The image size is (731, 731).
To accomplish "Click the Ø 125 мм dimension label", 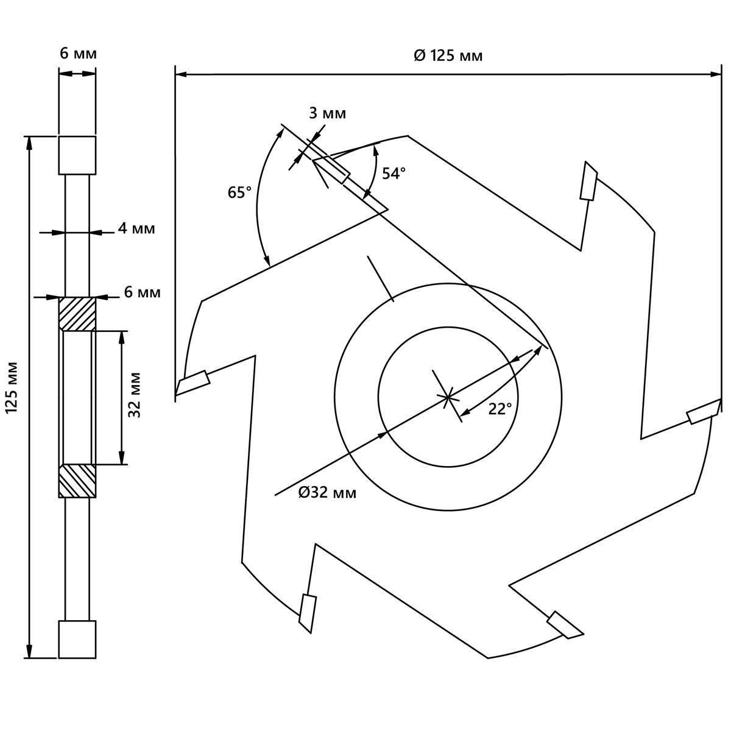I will tap(448, 56).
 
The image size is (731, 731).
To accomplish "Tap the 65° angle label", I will tap(239, 193).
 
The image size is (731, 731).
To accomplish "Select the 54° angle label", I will tap(394, 174).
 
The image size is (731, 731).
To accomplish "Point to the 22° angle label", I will tap(500, 409).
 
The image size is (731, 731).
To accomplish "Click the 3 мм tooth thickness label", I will tap(327, 113).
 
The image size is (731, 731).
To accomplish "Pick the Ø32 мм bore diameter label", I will tap(327, 493).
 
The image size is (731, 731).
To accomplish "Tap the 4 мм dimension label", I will tap(136, 229).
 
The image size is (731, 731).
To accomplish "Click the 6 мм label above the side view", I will tap(78, 54).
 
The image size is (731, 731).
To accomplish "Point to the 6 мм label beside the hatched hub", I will tap(142, 292).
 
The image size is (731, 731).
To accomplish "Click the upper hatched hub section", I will tap(77, 314).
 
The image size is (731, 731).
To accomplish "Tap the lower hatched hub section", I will tap(77, 481).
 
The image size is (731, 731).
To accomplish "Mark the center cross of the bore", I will tap(448, 397).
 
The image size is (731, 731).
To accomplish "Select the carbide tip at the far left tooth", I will tap(192, 382).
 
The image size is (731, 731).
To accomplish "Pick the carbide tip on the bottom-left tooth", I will tap(308, 613).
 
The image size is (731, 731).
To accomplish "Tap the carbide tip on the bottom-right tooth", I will tap(565, 625).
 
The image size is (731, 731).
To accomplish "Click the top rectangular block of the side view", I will tap(77, 155).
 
